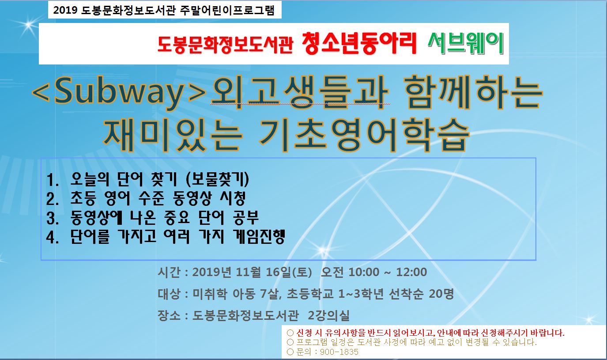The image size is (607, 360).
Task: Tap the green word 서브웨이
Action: click(x=466, y=43)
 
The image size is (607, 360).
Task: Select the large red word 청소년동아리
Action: click(x=359, y=43)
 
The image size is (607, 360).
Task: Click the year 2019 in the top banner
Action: click(x=65, y=10)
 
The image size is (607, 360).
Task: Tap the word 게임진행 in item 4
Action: click(x=259, y=236)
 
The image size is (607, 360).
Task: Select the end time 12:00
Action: click(x=411, y=272)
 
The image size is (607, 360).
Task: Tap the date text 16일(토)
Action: click(x=289, y=272)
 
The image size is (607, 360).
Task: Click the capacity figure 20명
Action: click(x=441, y=294)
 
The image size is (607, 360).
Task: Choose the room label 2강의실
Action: click(x=329, y=315)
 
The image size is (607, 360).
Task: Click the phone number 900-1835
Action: click(x=339, y=352)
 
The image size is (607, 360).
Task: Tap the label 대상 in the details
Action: click(x=169, y=294)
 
